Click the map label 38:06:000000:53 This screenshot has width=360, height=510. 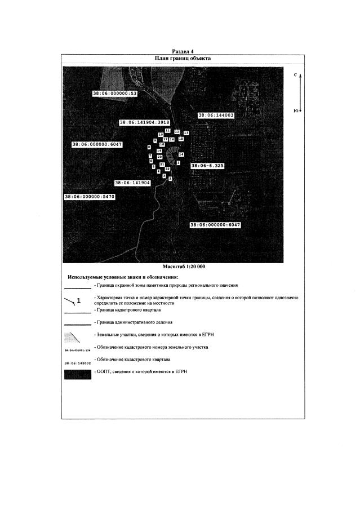point(115,93)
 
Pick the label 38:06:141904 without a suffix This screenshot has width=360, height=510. point(132,183)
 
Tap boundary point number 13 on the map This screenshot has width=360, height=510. point(186,132)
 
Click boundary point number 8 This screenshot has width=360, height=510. point(149,147)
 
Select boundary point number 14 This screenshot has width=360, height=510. point(181,154)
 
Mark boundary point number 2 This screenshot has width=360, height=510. point(170,178)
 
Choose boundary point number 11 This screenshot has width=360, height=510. point(168,130)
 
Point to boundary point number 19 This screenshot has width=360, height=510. point(159,151)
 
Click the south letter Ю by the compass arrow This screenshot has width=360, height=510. point(296,111)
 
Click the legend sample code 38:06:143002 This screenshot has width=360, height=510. point(77,363)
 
